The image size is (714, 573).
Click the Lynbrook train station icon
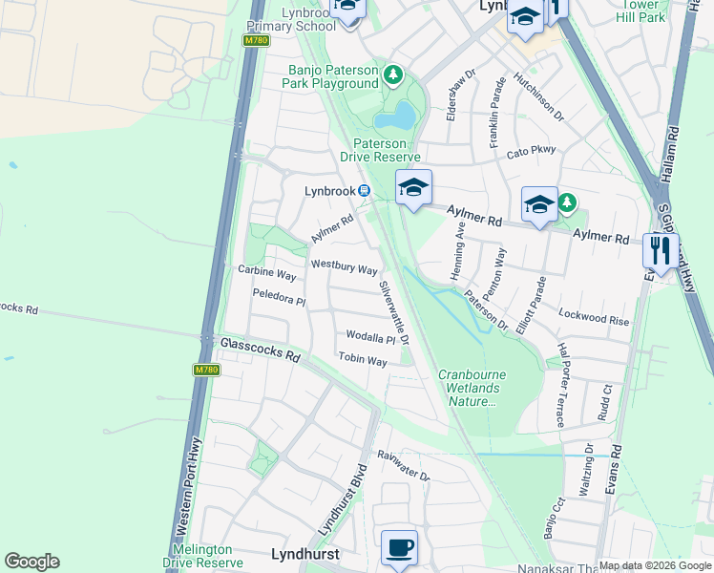364,191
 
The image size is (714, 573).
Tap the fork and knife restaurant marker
661,251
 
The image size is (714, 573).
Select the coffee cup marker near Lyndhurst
399,548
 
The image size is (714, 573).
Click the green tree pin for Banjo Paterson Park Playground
391,74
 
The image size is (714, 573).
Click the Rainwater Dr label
403,466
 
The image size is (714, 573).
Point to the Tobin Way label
363,360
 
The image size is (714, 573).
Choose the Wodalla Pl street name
370,337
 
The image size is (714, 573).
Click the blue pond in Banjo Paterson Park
395,117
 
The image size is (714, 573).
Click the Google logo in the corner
31,562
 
